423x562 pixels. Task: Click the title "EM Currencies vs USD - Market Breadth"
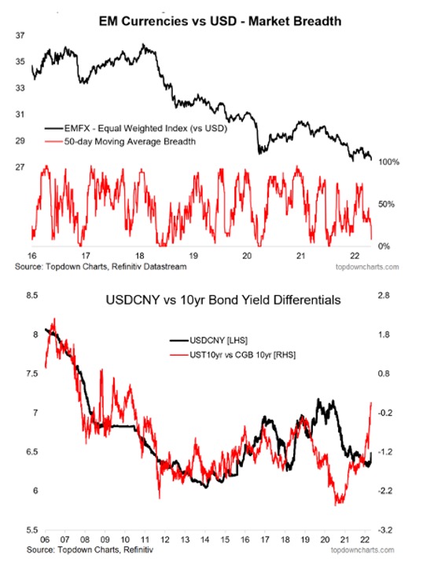220,21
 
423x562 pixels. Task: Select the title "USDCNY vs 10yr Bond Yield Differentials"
223,300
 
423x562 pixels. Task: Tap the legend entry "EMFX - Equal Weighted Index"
136,128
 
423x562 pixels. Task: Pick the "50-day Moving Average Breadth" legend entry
120,141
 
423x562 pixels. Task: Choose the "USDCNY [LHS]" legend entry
208,340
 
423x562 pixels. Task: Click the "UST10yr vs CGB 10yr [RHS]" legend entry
232,355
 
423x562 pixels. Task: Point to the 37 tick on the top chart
20,35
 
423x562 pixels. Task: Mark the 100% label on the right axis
388,162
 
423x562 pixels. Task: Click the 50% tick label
386,204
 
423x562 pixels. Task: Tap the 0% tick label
384,246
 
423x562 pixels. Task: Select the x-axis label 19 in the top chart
193,256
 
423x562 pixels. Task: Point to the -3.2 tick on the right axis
385,530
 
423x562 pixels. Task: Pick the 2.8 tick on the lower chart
384,296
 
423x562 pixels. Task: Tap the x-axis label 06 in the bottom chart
45,539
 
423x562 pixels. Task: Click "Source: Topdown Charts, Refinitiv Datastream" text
101,267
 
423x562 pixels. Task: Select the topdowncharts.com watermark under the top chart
367,267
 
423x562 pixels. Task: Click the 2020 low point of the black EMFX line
259,153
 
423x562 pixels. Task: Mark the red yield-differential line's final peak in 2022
371,403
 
